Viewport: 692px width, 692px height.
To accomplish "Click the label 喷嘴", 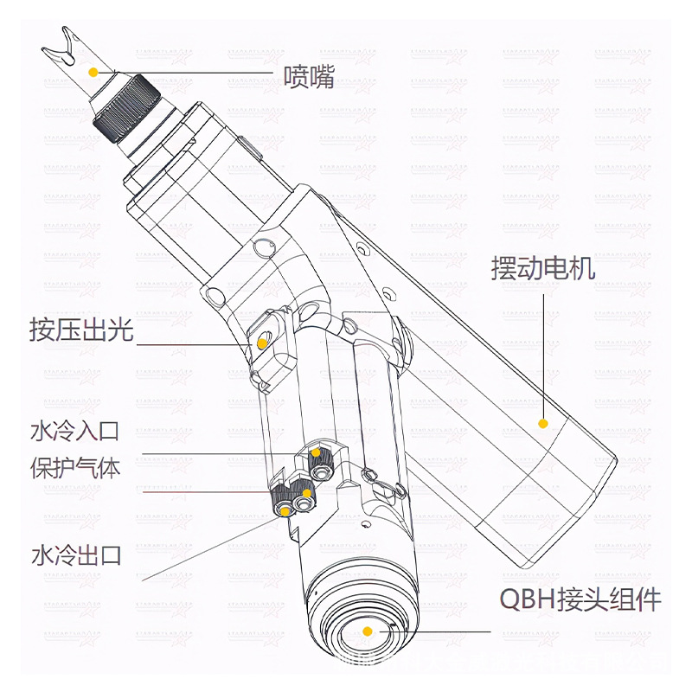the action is (309, 78).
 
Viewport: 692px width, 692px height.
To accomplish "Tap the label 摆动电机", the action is (542, 269).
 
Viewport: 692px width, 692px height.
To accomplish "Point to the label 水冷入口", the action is (74, 430).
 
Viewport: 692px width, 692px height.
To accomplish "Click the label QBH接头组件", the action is (580, 599).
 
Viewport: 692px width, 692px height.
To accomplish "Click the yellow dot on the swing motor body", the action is (543, 423).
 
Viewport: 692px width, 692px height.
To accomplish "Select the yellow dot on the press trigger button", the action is (259, 343).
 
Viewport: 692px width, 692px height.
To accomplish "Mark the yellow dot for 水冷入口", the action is (317, 453).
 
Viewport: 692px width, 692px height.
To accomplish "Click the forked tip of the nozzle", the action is (60, 42).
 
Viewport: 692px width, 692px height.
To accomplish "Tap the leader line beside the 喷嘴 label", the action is (190, 72).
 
